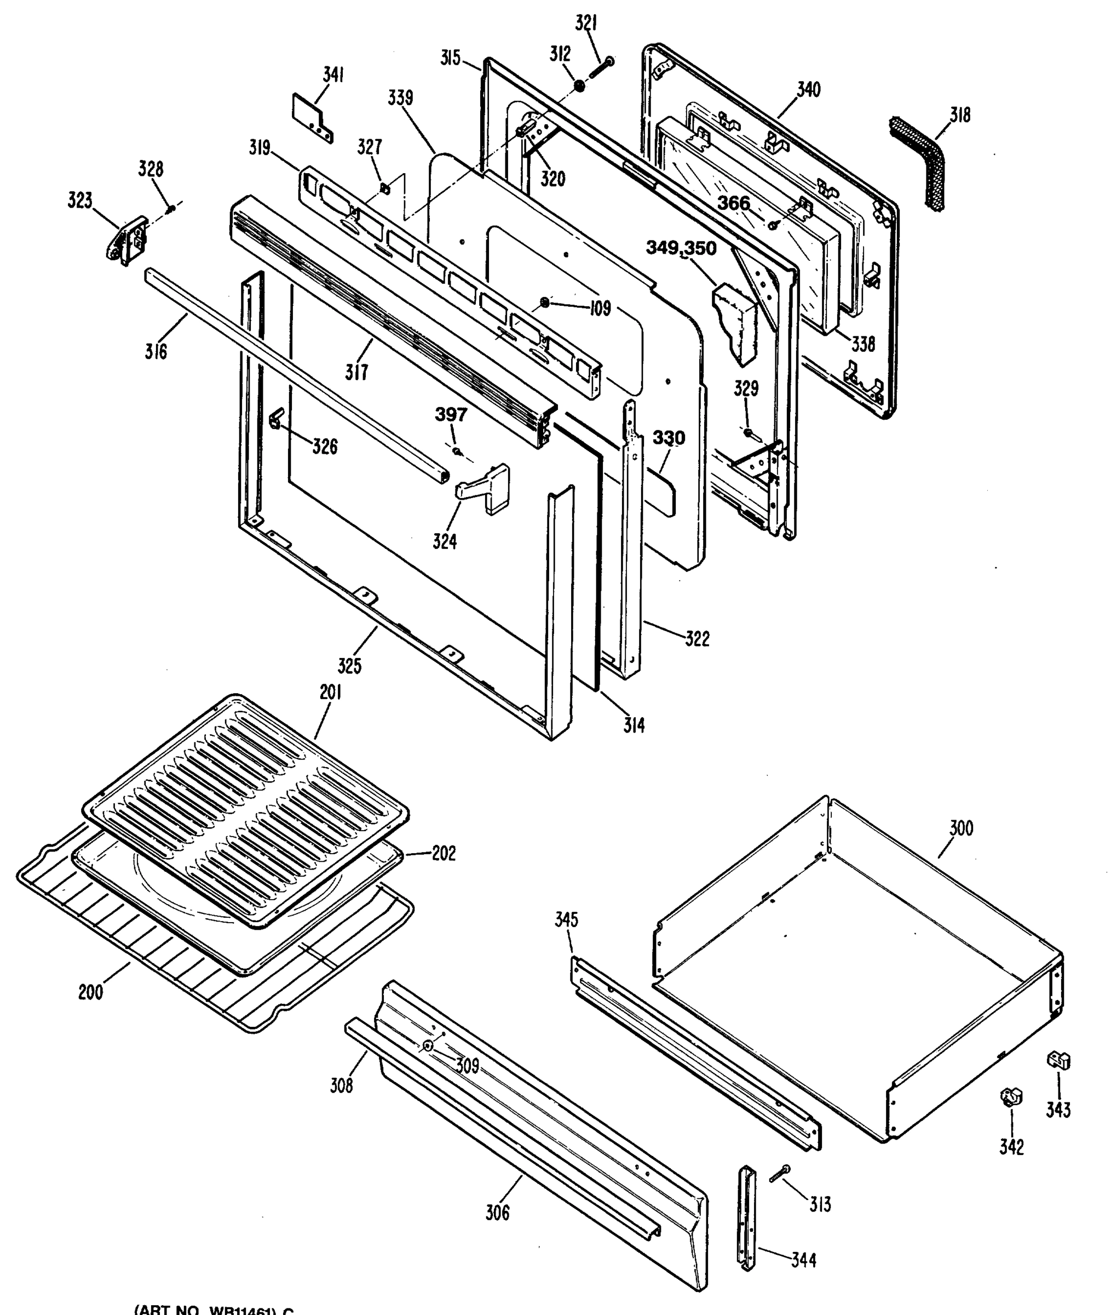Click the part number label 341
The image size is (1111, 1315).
coord(333,75)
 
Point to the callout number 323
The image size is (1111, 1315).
coord(80,202)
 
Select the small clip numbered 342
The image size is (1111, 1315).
coord(1011,1097)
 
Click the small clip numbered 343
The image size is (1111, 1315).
coord(1058,1060)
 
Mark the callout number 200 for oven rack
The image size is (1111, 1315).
coord(91,992)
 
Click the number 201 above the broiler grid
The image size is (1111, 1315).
coord(330,692)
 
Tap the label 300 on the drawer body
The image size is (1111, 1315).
coord(960,828)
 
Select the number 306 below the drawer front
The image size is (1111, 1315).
coord(497,1213)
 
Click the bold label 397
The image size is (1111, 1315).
coord(451,415)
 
